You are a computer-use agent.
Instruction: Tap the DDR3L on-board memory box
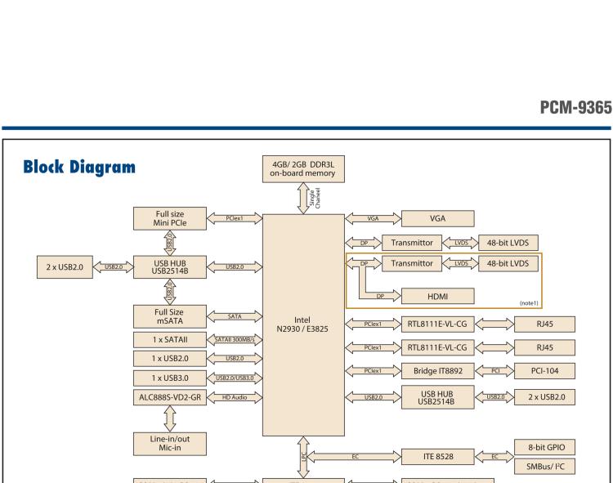click(x=303, y=167)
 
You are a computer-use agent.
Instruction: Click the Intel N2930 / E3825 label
click(x=303, y=325)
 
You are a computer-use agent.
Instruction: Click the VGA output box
click(x=436, y=218)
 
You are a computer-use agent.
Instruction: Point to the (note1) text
click(x=529, y=302)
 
